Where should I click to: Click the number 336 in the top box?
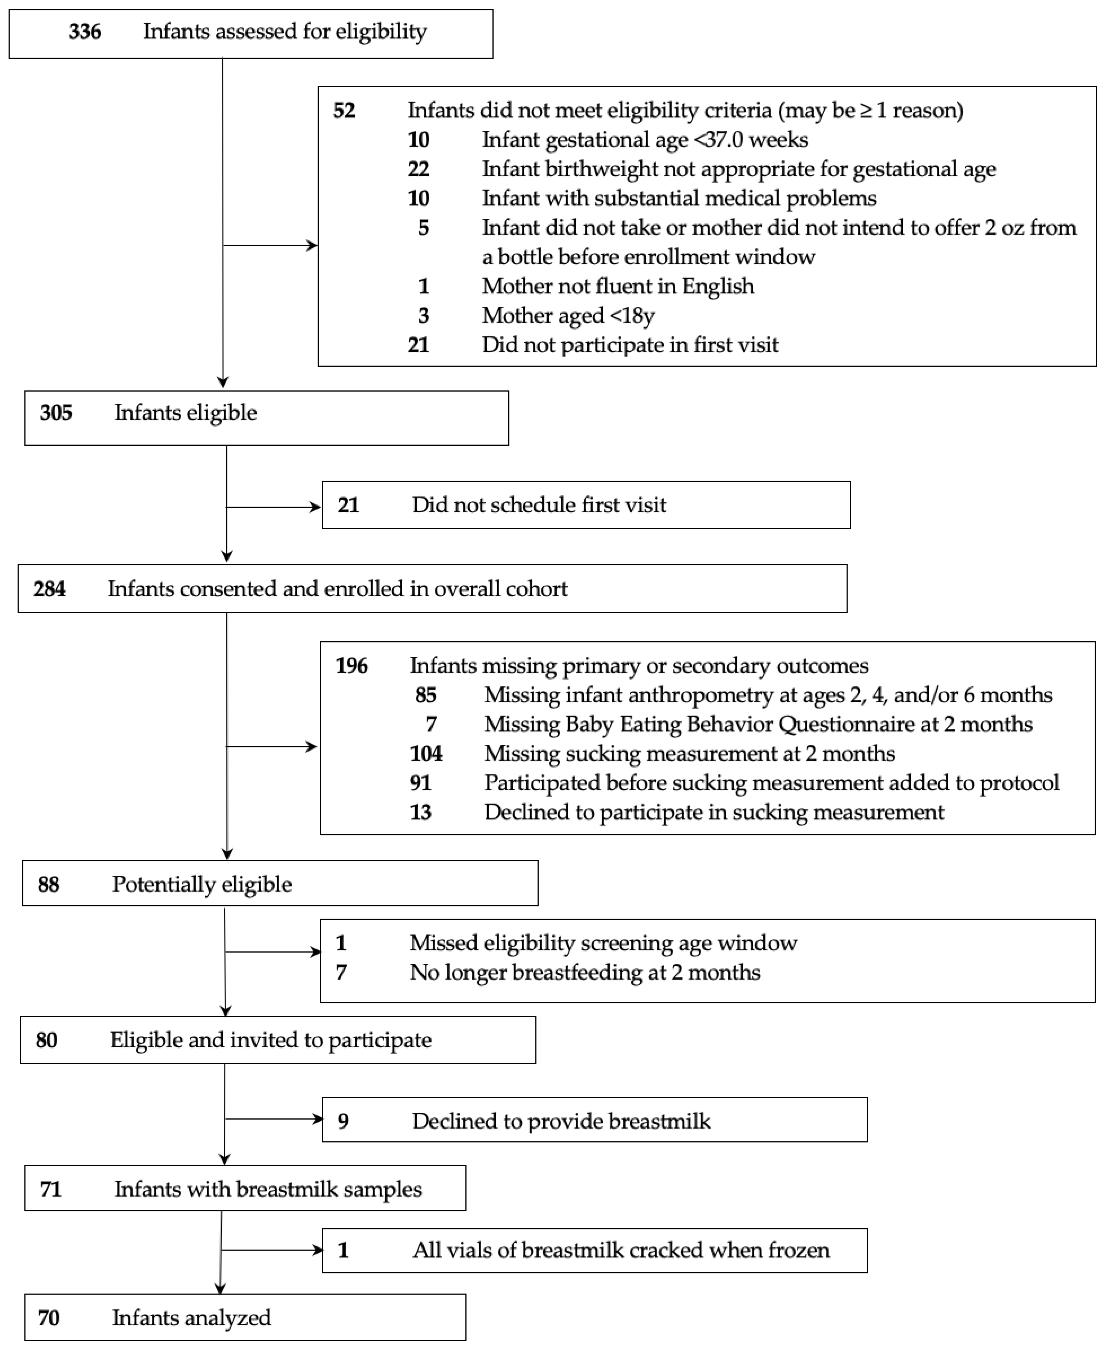point(85,31)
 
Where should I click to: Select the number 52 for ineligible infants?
point(344,110)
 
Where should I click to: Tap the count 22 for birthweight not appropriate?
point(419,169)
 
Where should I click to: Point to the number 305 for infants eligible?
point(56,412)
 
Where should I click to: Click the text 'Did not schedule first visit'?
point(539,505)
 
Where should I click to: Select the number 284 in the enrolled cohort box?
point(50,589)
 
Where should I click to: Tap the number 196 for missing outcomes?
point(352,666)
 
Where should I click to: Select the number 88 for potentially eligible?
point(48,884)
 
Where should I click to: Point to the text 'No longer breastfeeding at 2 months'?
point(585,972)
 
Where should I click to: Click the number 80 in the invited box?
point(46,1040)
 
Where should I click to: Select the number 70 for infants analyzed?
point(48,1318)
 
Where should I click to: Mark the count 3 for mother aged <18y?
point(424,315)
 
